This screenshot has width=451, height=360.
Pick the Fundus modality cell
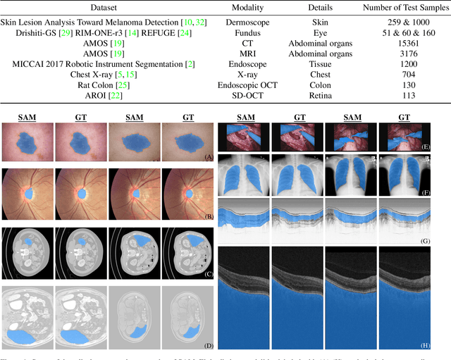[255, 33]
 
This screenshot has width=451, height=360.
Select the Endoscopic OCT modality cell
[255, 85]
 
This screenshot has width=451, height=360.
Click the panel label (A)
[208, 156]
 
